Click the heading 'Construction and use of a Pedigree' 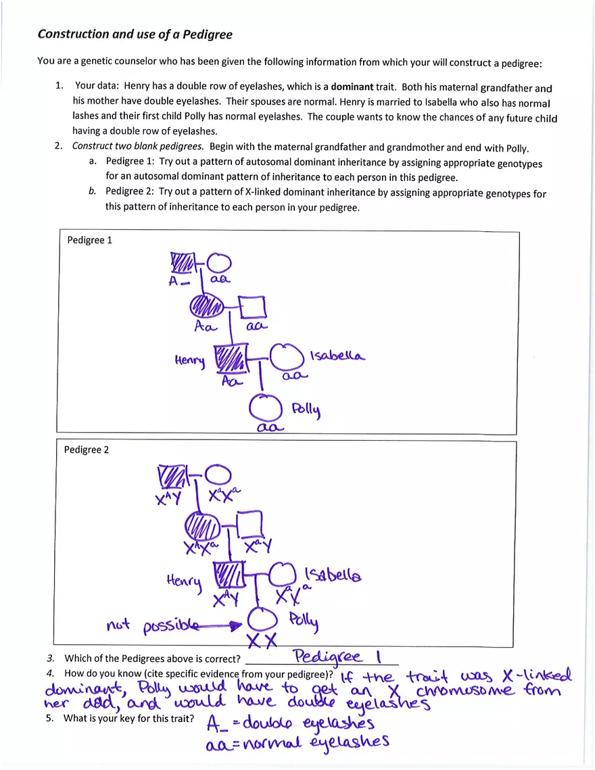coord(135,34)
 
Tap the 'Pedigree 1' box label coord(89,240)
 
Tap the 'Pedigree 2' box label coord(86,450)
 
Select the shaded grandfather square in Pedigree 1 coord(181,262)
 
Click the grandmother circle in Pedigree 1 coord(219,263)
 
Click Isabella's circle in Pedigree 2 coord(282,575)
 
